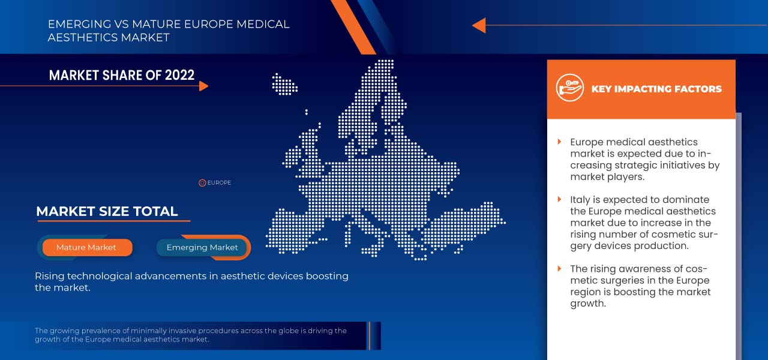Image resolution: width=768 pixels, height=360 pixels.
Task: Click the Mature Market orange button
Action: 87,247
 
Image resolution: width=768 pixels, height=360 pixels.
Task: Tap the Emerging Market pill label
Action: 202,247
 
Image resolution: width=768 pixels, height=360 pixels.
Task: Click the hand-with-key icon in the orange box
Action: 569,88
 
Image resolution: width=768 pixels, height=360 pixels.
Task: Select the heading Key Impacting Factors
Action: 656,89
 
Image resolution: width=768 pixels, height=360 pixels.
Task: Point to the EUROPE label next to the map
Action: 219,183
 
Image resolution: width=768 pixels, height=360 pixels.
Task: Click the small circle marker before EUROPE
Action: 202,183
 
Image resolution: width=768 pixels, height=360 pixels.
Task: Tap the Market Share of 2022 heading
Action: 122,75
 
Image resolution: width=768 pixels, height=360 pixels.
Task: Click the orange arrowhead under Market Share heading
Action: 203,86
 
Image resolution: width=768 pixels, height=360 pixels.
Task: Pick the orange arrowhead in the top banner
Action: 479,25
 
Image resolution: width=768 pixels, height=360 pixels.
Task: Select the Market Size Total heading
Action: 107,211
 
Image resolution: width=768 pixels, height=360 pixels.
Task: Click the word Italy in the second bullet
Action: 578,200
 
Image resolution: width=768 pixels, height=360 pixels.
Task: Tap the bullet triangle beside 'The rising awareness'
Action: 560,268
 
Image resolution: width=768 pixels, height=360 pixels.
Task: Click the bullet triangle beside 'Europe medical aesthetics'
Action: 560,142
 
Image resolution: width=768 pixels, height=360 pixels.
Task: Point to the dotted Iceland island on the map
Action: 284,84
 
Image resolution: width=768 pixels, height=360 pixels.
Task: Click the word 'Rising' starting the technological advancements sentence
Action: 49,277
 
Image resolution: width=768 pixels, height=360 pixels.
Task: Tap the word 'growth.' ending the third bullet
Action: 588,304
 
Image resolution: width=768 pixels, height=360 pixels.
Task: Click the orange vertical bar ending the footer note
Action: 369,336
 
